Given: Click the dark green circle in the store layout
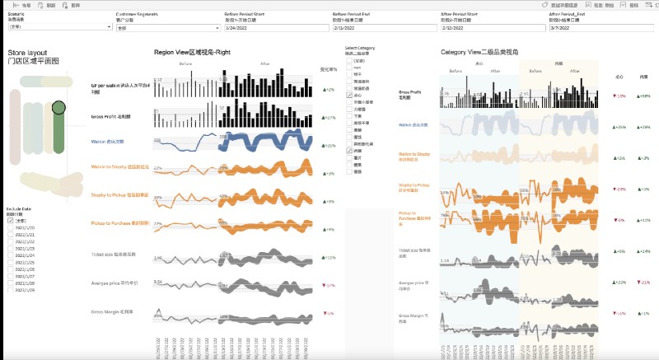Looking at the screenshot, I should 58,107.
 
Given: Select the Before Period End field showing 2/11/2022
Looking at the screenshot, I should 384,28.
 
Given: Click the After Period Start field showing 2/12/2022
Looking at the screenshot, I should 492,28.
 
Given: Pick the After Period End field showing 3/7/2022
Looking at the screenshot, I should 601,28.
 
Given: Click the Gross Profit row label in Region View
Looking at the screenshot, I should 110,117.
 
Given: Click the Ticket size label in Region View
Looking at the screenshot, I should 110,255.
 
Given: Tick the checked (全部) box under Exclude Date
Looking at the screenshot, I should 10,221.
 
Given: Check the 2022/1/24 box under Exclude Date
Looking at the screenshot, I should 10,255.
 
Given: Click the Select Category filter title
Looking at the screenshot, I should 359,48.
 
